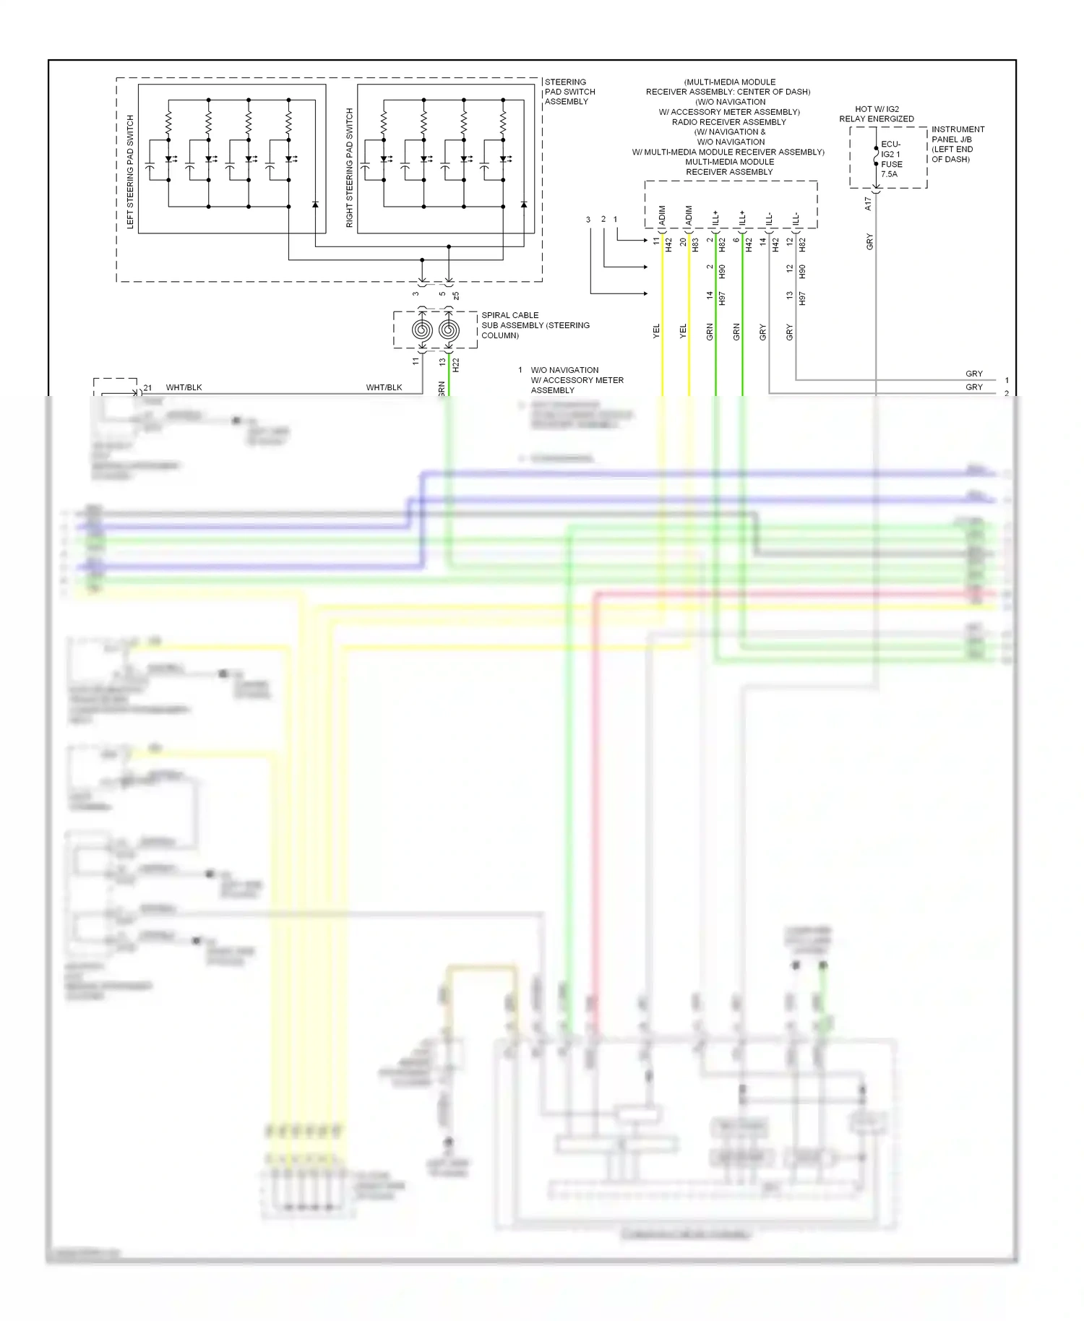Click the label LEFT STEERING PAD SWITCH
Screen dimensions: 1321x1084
click(x=131, y=171)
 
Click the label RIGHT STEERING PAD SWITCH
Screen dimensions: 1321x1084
click(x=350, y=168)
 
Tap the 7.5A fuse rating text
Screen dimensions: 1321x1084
click(x=889, y=174)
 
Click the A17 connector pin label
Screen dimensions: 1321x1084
click(x=869, y=205)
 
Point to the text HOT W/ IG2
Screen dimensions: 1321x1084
click(x=877, y=109)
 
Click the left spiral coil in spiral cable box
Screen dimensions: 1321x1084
click(x=422, y=330)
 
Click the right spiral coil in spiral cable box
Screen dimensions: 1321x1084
click(x=449, y=330)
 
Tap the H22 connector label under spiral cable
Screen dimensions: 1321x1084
click(x=456, y=365)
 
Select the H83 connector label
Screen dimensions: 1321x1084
click(x=695, y=245)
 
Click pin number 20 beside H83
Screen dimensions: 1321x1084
click(x=683, y=242)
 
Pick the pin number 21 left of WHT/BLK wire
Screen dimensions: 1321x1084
click(x=147, y=388)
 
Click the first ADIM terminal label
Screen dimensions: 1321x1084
click(x=662, y=215)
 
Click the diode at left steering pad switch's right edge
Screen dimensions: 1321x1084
click(x=315, y=205)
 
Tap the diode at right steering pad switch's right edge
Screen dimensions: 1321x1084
click(x=524, y=205)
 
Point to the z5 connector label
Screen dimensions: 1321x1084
click(x=456, y=296)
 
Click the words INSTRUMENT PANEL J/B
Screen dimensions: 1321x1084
click(x=958, y=134)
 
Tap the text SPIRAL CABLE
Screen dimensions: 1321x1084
click(x=509, y=315)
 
